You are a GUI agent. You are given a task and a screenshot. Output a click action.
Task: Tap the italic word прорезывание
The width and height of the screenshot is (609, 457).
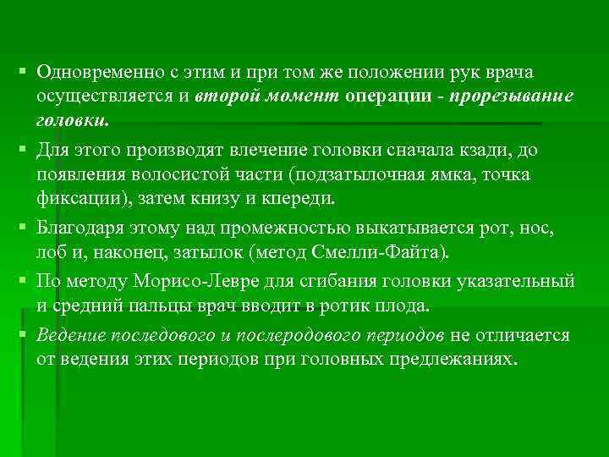click(x=512, y=96)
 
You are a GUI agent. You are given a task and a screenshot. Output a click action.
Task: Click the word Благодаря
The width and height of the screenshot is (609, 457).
click(x=78, y=228)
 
